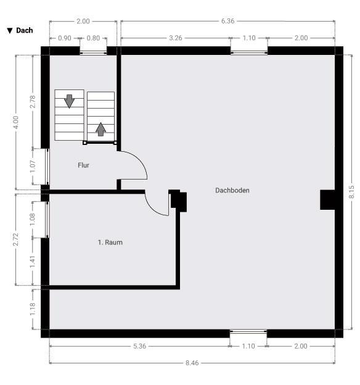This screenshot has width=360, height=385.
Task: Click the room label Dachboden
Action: (x=232, y=190)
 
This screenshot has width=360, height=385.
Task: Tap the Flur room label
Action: (x=83, y=165)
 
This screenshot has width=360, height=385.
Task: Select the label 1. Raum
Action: (x=110, y=242)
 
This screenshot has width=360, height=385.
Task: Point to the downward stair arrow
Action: (x=70, y=101)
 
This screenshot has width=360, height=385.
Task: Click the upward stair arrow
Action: (x=100, y=129)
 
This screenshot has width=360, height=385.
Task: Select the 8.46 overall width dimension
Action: (x=192, y=363)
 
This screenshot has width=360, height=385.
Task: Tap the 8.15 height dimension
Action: (x=351, y=192)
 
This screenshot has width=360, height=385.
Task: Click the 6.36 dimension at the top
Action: (x=227, y=21)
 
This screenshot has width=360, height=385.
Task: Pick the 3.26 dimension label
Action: (x=176, y=38)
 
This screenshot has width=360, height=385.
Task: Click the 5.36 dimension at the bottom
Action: (x=140, y=346)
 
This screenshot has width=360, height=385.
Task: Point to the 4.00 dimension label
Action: (x=15, y=122)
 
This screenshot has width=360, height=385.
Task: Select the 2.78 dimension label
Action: (x=33, y=102)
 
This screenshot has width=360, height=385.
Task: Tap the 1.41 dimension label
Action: (x=33, y=262)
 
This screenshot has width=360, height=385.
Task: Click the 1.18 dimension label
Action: (x=33, y=309)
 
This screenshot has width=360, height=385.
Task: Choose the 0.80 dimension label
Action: (x=93, y=38)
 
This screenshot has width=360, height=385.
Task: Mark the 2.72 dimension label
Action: (x=15, y=239)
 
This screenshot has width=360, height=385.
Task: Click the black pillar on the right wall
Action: (x=327, y=200)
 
